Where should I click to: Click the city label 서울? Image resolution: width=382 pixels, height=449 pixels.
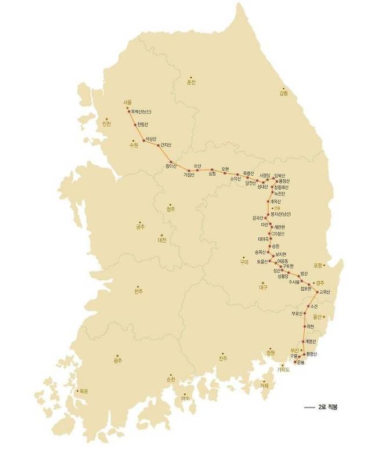128,102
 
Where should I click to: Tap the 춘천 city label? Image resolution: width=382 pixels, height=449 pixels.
190,82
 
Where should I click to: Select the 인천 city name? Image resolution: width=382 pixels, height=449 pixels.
106,124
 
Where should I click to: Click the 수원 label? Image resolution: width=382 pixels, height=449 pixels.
134,145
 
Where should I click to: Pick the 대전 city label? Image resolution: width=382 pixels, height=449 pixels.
161,240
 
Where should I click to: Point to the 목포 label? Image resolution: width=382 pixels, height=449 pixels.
84,392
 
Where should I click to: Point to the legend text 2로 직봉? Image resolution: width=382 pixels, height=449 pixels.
328,408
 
